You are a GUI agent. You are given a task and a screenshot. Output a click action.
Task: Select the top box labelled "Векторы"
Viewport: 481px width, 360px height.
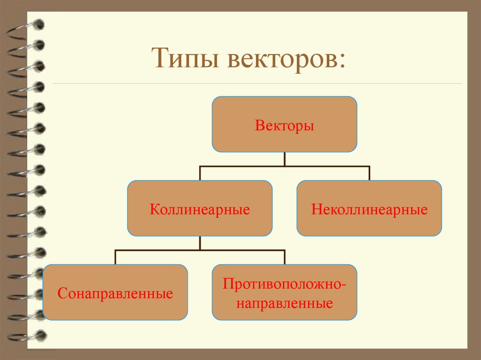click(284, 125)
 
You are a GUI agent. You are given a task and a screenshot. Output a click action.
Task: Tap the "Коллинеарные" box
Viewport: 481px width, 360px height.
click(200, 208)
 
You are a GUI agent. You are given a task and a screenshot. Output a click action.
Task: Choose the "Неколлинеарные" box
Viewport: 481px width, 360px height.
click(369, 208)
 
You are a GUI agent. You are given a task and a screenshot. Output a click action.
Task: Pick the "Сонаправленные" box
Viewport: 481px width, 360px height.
click(115, 293)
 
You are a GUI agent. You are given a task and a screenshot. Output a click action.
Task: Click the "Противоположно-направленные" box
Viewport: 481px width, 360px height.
click(284, 293)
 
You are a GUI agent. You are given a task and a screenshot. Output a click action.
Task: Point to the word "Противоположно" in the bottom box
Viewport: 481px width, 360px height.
click(282, 283)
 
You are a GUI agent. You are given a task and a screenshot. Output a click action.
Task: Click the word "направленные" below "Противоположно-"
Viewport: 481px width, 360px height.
click(285, 303)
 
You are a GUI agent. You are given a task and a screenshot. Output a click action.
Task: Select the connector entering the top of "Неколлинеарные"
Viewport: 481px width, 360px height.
click(369, 173)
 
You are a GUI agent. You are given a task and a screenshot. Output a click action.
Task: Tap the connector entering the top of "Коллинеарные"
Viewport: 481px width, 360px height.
click(200, 173)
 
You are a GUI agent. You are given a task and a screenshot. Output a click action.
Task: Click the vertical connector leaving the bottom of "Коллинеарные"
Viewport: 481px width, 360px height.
click(200, 243)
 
